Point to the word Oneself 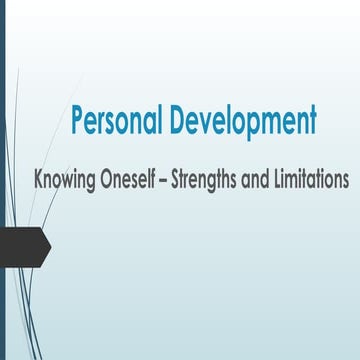(x=140, y=183)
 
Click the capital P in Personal (x=78, y=120)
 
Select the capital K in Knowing (x=40, y=183)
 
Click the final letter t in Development (x=312, y=121)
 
